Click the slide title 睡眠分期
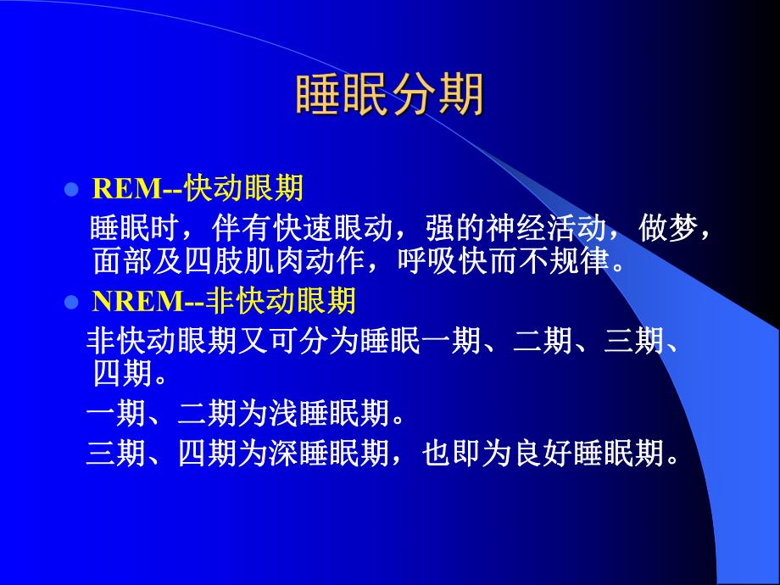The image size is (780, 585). [390, 94]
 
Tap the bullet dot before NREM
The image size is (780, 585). [71, 301]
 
